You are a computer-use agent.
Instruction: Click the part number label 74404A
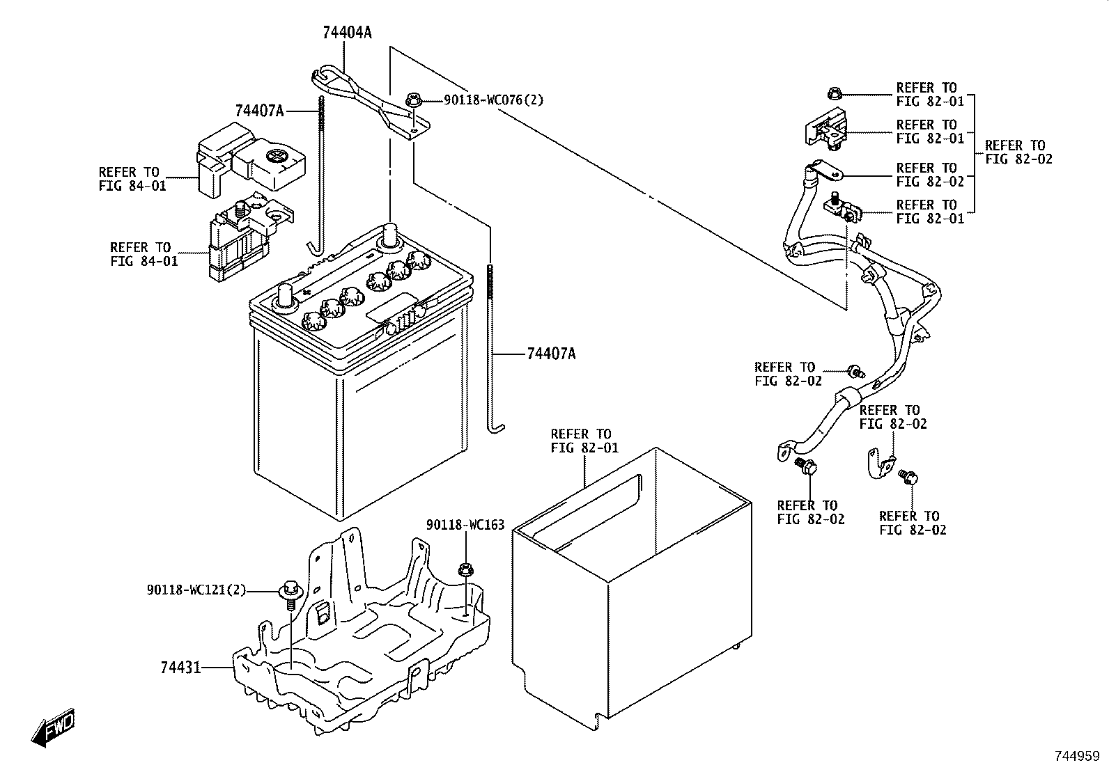(346, 32)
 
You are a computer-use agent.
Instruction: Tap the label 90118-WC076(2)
(494, 100)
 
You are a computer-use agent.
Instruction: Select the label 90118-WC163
(465, 524)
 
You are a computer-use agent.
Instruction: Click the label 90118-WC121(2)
(196, 590)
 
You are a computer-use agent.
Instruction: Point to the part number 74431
(180, 668)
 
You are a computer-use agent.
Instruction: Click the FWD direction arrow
(52, 729)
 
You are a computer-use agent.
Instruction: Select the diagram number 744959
(1076, 755)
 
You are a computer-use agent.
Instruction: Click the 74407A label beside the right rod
(551, 354)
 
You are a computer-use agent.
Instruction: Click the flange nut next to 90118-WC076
(413, 101)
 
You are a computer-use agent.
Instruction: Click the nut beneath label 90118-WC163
(465, 570)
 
